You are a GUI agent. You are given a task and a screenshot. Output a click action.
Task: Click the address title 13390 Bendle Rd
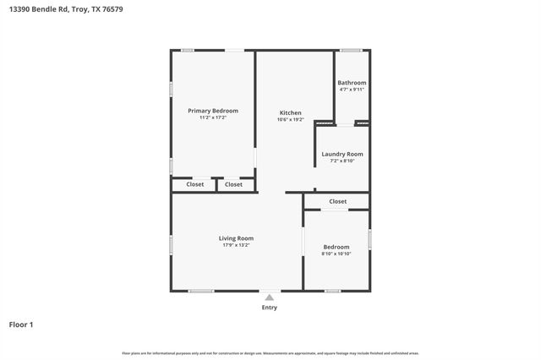(x=41, y=9)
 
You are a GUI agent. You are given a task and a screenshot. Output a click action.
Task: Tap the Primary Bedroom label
(x=212, y=111)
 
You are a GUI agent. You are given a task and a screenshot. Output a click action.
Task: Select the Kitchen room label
(x=291, y=112)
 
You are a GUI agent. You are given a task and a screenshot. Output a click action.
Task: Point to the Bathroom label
(x=352, y=83)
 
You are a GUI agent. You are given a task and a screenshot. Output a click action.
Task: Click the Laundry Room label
(x=342, y=154)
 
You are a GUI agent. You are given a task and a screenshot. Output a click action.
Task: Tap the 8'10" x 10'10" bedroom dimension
(x=336, y=254)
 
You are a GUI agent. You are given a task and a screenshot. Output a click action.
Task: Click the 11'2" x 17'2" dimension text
(x=212, y=118)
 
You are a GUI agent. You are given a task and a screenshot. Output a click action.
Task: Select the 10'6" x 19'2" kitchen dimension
(x=291, y=120)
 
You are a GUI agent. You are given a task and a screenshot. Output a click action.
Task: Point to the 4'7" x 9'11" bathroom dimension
(x=352, y=90)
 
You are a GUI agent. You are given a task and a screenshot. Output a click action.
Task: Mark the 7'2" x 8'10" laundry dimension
(x=342, y=161)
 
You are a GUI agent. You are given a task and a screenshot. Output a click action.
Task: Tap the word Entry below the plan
(x=269, y=308)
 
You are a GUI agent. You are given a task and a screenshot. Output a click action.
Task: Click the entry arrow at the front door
(x=269, y=297)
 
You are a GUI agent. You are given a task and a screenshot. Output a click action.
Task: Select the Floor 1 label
(x=21, y=325)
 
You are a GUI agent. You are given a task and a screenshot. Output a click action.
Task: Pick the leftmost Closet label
(x=194, y=184)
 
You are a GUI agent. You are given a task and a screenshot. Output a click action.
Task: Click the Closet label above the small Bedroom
(x=337, y=201)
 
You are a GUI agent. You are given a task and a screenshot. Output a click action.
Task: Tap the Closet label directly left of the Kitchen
(x=234, y=184)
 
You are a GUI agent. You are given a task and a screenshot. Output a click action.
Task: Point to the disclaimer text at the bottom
(x=270, y=353)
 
